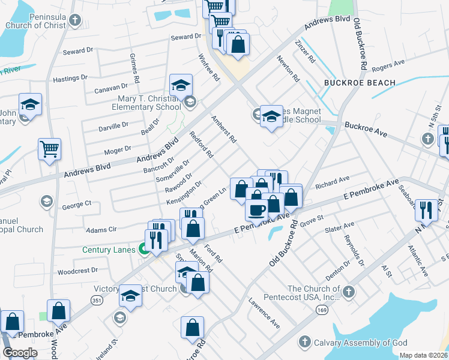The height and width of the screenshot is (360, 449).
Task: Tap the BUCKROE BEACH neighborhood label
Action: pyautogui.click(x=360, y=83)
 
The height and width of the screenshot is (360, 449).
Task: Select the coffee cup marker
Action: pyautogui.click(x=257, y=211)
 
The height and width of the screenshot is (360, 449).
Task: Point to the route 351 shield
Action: pyautogui.click(x=96, y=299)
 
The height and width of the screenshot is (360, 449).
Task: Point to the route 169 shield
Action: pyautogui.click(x=321, y=308)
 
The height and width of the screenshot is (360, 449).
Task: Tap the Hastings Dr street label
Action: pyautogui.click(x=70, y=78)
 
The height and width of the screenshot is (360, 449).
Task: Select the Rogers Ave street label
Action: pyautogui.click(x=388, y=65)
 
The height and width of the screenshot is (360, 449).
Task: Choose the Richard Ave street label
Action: pyautogui.click(x=332, y=179)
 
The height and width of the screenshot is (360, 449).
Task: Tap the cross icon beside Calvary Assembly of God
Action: pyautogui.click(x=305, y=343)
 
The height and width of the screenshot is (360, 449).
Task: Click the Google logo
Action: pyautogui.click(x=20, y=353)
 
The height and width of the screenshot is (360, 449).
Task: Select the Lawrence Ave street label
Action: pyautogui.click(x=264, y=313)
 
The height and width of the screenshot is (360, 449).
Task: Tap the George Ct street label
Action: pyautogui.click(x=76, y=205)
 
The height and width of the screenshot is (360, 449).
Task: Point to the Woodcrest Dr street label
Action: pyautogui.click(x=77, y=271)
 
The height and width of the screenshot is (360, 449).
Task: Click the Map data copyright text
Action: pyautogui.click(x=423, y=355)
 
